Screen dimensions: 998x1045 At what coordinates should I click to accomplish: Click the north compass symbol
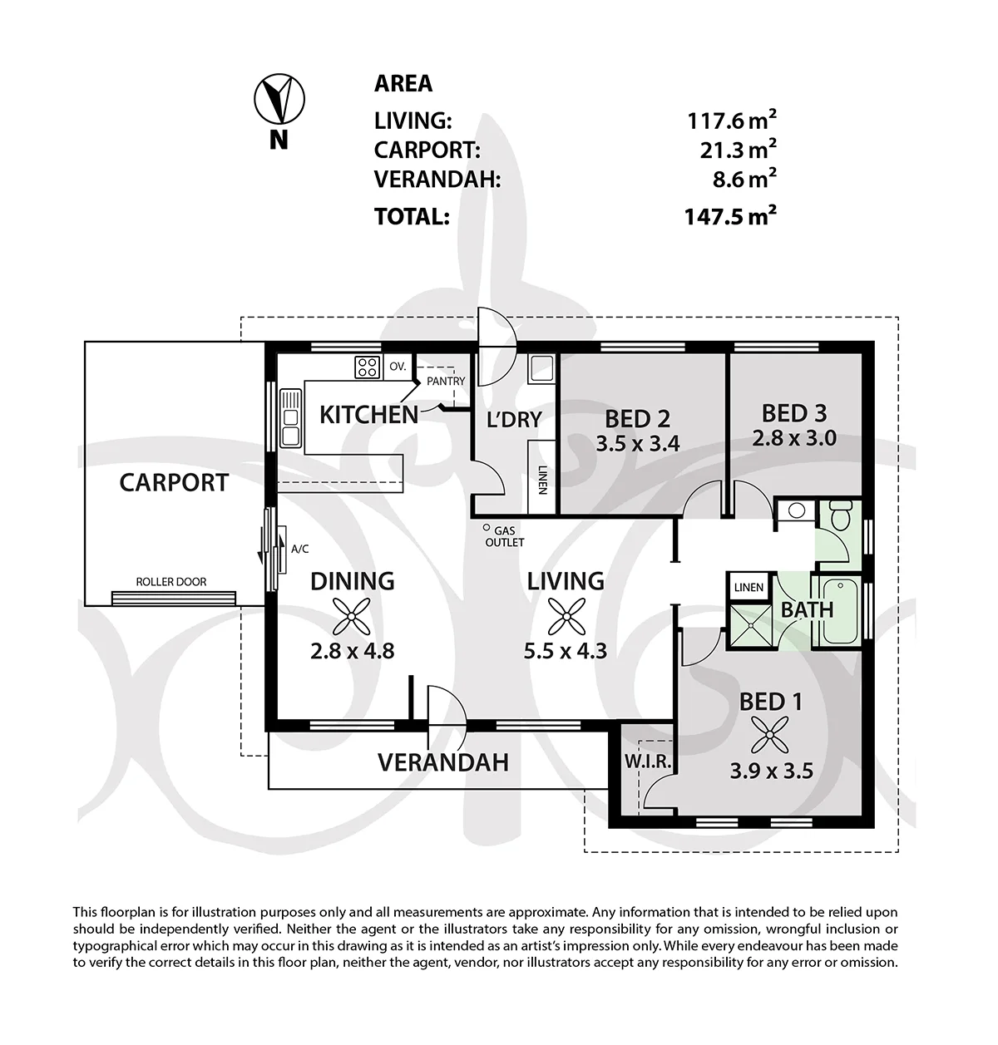[x=279, y=99]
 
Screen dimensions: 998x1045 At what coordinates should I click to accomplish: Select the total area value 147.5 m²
[x=730, y=216]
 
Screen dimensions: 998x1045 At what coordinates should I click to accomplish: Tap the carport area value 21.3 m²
[x=738, y=150]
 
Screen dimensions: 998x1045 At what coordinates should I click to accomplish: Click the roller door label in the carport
[x=170, y=582]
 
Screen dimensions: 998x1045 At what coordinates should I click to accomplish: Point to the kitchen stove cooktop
[x=368, y=367]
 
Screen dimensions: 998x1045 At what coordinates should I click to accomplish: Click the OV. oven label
[x=398, y=367]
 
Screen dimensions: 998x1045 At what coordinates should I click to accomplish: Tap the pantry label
[x=445, y=381]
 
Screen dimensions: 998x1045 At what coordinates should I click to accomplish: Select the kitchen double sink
[x=290, y=418]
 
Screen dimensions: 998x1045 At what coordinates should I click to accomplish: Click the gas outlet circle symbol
[x=486, y=527]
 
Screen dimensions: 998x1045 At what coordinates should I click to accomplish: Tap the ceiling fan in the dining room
[x=352, y=616]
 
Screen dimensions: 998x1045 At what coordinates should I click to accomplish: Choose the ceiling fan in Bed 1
[x=769, y=736]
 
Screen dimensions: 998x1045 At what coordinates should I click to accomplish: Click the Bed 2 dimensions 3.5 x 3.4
[x=638, y=444]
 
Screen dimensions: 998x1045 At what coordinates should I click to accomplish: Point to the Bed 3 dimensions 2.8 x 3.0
[x=794, y=438]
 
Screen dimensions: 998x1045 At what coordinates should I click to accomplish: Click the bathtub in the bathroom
[x=837, y=610]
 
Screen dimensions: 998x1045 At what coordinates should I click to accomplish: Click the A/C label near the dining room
[x=299, y=549]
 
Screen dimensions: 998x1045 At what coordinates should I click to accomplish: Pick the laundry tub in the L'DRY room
[x=541, y=368]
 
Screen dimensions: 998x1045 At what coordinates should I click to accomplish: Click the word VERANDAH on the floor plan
[x=442, y=762]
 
